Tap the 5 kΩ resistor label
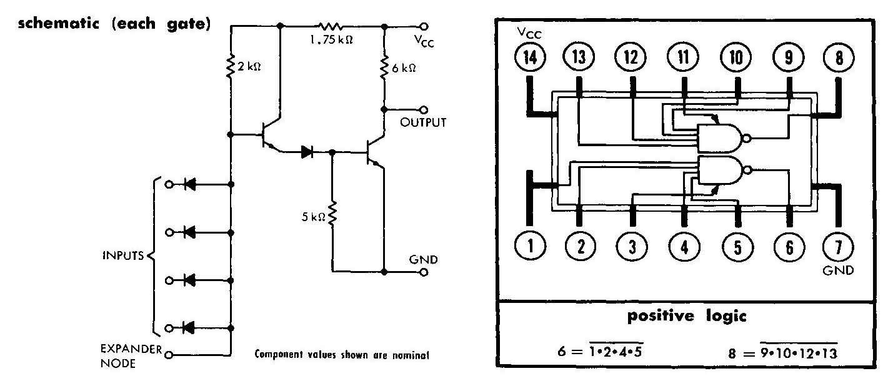[x=314, y=217]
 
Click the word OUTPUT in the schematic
[x=423, y=122]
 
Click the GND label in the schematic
[x=423, y=259]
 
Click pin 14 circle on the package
[x=530, y=58]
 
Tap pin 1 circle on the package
[x=530, y=247]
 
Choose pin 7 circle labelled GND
[x=838, y=247]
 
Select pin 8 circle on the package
[x=838, y=58]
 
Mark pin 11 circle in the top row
[x=684, y=58]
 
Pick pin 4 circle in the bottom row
[x=684, y=247]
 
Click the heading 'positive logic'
[x=686, y=317]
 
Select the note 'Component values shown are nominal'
[x=341, y=355]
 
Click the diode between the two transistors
[x=307, y=151]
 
